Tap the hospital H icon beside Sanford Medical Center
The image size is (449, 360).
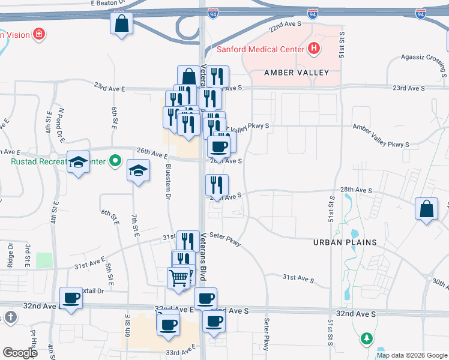tap(313, 48)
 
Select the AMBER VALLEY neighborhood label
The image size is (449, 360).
tap(297, 73)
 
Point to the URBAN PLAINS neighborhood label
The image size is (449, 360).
tap(345, 242)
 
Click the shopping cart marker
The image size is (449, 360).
tap(179, 278)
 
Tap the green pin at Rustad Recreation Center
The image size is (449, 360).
tap(116, 161)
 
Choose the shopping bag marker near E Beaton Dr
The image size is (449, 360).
tap(121, 25)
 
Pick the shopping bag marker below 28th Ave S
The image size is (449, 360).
tap(426, 210)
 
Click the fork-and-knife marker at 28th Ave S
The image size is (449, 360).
tap(217, 185)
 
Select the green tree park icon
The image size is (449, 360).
tap(366, 340)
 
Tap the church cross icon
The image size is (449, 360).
tap(10, 317)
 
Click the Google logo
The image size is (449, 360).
tap(20, 353)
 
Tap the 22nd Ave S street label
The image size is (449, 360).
tap(284, 28)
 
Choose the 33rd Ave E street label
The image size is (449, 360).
tap(181, 349)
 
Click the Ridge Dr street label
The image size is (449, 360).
tap(10, 256)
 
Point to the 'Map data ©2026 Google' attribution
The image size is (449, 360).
tap(412, 355)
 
